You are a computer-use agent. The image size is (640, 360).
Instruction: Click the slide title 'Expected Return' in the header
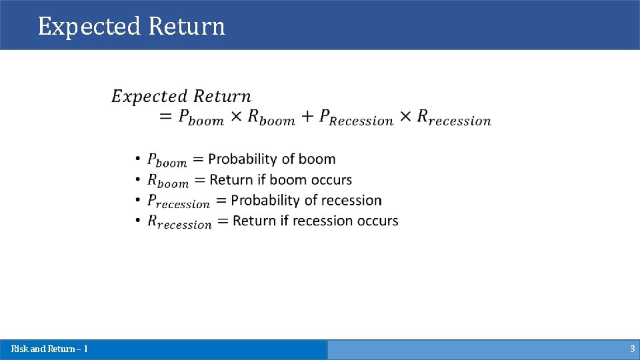click(131, 27)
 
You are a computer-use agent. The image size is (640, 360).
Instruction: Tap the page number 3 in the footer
click(632, 349)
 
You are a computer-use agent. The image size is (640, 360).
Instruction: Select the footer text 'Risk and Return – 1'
click(49, 349)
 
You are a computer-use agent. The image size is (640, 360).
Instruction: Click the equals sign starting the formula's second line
click(166, 117)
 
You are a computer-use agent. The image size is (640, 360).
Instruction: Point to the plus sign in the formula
click(307, 117)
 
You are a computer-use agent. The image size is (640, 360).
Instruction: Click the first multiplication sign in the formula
click(236, 117)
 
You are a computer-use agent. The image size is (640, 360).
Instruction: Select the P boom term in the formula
click(201, 117)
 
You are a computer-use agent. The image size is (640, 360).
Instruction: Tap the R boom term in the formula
click(271, 117)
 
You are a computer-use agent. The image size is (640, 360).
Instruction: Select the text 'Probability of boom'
click(272, 159)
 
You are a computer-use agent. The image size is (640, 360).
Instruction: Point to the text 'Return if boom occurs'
click(281, 180)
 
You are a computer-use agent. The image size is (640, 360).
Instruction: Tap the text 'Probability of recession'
click(306, 201)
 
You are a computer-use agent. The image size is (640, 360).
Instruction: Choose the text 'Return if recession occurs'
click(315, 221)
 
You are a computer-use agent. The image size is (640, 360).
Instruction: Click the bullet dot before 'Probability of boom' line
click(137, 159)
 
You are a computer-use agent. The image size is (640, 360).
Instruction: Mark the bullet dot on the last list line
click(137, 221)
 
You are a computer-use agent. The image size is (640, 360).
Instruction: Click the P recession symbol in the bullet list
click(178, 201)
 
